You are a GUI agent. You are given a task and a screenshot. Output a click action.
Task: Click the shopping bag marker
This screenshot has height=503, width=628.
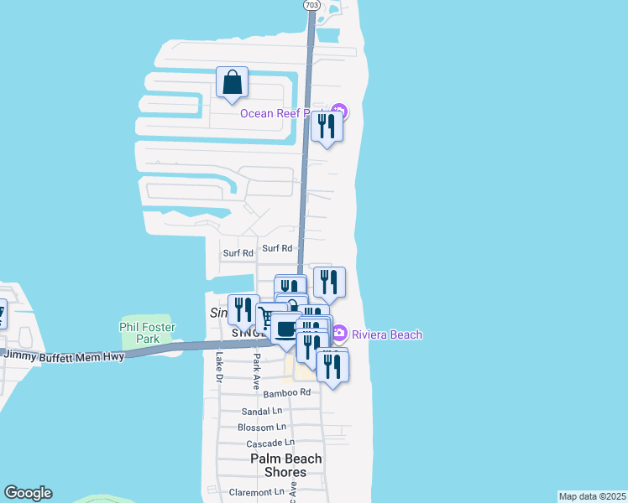(x=233, y=83)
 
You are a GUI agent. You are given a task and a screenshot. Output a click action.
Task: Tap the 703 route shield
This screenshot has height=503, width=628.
(x=311, y=5)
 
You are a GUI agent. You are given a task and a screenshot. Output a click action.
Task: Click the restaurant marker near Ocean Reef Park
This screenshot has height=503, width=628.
(x=327, y=127)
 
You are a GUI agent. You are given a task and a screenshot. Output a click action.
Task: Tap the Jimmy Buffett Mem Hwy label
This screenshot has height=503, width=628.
(x=65, y=356)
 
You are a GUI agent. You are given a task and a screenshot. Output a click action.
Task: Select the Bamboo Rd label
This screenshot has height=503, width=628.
(x=287, y=392)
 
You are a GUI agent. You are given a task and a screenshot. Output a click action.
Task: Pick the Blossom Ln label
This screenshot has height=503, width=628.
(x=256, y=427)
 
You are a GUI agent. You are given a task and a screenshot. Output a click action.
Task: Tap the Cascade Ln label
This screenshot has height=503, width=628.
(x=266, y=442)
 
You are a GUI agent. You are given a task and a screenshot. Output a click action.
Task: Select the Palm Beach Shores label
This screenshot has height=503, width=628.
(x=286, y=465)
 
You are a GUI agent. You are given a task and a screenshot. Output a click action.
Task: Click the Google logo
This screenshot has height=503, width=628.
(x=28, y=493)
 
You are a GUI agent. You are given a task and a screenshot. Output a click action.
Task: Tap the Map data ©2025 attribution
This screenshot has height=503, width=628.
(x=592, y=496)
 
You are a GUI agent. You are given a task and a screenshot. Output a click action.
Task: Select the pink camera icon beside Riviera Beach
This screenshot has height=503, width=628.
(x=339, y=334)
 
